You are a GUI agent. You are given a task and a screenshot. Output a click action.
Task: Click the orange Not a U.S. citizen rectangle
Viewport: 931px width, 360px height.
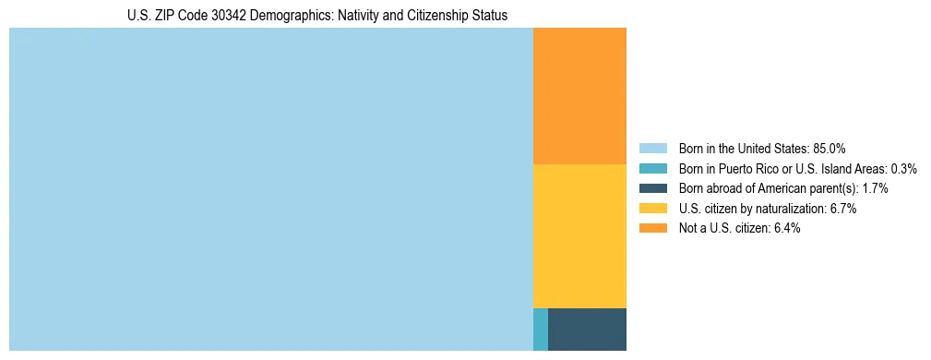[579, 96]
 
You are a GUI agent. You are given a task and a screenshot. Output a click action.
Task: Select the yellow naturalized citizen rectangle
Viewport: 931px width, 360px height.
[579, 235]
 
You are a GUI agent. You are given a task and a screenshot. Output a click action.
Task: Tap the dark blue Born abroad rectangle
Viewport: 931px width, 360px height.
[587, 330]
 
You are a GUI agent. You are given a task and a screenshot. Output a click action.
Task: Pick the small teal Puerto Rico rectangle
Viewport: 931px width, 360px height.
[541, 330]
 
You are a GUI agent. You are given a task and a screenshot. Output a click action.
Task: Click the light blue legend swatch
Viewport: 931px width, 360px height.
[652, 149]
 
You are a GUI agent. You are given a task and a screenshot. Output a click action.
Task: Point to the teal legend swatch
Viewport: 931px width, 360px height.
[652, 169]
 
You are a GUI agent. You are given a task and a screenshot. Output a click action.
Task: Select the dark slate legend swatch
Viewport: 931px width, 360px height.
[652, 188]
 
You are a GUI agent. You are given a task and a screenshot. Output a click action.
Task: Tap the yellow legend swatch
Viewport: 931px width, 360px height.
[652, 209]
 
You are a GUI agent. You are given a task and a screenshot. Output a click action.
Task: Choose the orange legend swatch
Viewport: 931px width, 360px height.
[652, 228]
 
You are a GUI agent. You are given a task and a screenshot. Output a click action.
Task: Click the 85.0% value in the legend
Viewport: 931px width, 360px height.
[829, 149]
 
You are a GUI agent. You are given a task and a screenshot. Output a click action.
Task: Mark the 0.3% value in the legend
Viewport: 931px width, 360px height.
[903, 169]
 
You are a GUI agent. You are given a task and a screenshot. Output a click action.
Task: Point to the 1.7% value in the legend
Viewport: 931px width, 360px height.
[875, 188]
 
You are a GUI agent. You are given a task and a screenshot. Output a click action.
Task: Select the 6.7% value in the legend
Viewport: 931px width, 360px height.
[842, 209]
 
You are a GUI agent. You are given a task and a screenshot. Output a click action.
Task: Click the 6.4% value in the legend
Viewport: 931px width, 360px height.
[785, 228]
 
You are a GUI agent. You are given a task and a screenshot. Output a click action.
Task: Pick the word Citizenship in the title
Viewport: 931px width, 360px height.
[429, 16]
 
